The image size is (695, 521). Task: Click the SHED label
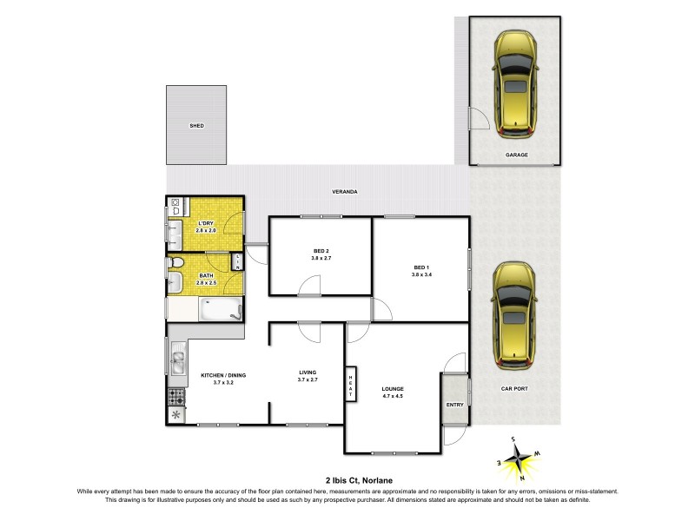pos(196,126)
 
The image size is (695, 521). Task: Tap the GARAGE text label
pos(517,155)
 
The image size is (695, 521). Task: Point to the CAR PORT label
pos(517,388)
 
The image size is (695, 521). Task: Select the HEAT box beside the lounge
pos(351,384)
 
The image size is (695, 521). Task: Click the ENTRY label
pos(454,405)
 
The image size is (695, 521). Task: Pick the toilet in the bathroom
pos(176,262)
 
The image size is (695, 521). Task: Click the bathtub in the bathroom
pos(219,309)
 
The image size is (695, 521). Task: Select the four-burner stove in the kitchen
pos(176,397)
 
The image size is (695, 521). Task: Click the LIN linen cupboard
pos(238,261)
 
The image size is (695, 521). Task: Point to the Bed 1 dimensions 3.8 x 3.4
pos(421,275)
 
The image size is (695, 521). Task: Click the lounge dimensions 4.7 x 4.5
pos(393,397)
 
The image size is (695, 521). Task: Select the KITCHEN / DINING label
pos(223,374)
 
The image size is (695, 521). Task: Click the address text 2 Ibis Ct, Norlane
pos(347,479)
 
